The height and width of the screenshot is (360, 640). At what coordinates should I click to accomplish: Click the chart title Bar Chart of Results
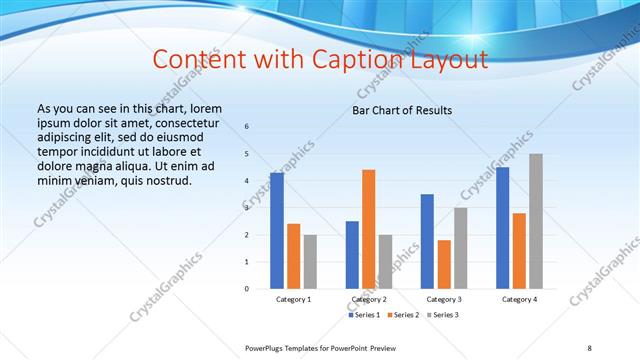[x=402, y=110]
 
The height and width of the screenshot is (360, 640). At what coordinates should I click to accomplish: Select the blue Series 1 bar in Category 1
[x=277, y=230]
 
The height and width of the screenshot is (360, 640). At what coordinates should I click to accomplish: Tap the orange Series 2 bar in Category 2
[x=368, y=229]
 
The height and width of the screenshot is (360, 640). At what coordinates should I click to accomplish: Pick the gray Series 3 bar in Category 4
[x=536, y=221]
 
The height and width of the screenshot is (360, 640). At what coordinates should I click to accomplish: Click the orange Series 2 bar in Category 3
[x=444, y=264]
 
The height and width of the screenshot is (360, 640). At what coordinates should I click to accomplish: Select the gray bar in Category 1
[x=310, y=261]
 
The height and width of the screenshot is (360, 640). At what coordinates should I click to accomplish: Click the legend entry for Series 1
[x=363, y=315]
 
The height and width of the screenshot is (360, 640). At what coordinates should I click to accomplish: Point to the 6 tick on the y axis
[x=247, y=127]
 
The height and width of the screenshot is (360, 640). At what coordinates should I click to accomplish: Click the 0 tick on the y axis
[x=247, y=289]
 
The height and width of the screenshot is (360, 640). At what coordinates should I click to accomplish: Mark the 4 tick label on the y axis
[x=247, y=181]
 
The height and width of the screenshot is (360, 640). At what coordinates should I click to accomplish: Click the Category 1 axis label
[x=293, y=299]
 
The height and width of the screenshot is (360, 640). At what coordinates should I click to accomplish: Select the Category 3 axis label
[x=444, y=299]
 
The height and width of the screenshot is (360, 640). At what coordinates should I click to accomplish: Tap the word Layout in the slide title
[x=446, y=59]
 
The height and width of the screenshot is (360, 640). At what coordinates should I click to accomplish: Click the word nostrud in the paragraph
[x=165, y=180]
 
